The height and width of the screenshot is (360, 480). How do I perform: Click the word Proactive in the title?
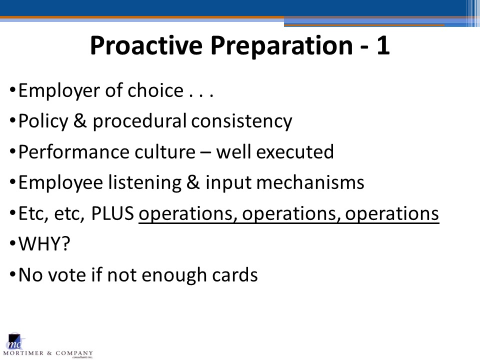point(146,45)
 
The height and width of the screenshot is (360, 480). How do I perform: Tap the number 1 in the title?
point(383,45)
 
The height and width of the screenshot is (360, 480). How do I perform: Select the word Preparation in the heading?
point(281,46)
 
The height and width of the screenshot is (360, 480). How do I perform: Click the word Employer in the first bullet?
point(59,91)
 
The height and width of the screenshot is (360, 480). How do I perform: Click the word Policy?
point(43,121)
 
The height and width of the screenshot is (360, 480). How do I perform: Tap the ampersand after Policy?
point(80,120)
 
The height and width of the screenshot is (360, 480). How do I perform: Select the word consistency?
point(242,121)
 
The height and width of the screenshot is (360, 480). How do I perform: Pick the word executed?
point(295,151)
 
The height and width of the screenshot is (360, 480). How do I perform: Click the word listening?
point(145,183)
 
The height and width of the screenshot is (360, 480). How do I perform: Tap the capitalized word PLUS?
point(112,213)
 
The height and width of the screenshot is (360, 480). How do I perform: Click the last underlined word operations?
point(392,213)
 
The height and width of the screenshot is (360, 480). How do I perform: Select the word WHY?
point(44,243)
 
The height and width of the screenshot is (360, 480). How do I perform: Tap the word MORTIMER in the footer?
point(23,353)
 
